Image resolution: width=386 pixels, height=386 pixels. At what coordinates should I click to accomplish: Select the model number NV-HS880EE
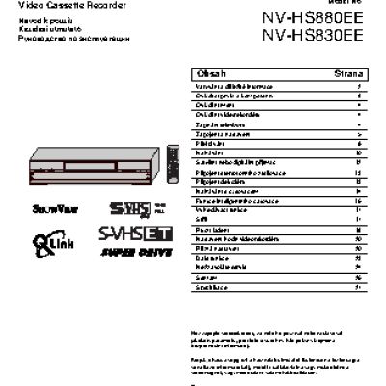pyautogui.click(x=312, y=16)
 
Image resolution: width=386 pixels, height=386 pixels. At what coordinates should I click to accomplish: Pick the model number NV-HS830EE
pyautogui.click(x=312, y=36)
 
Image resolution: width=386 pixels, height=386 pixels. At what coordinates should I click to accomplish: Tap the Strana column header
pyautogui.click(x=348, y=72)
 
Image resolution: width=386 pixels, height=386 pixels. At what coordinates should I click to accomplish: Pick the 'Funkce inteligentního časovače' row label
pyautogui.click(x=237, y=200)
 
